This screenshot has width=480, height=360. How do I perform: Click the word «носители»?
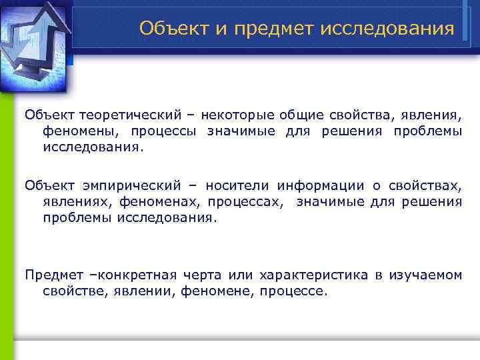pyautogui.click(x=237, y=185)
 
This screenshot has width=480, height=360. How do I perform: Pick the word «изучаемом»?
pyautogui.click(x=427, y=275)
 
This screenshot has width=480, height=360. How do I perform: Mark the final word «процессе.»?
pyautogui.click(x=294, y=291)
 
